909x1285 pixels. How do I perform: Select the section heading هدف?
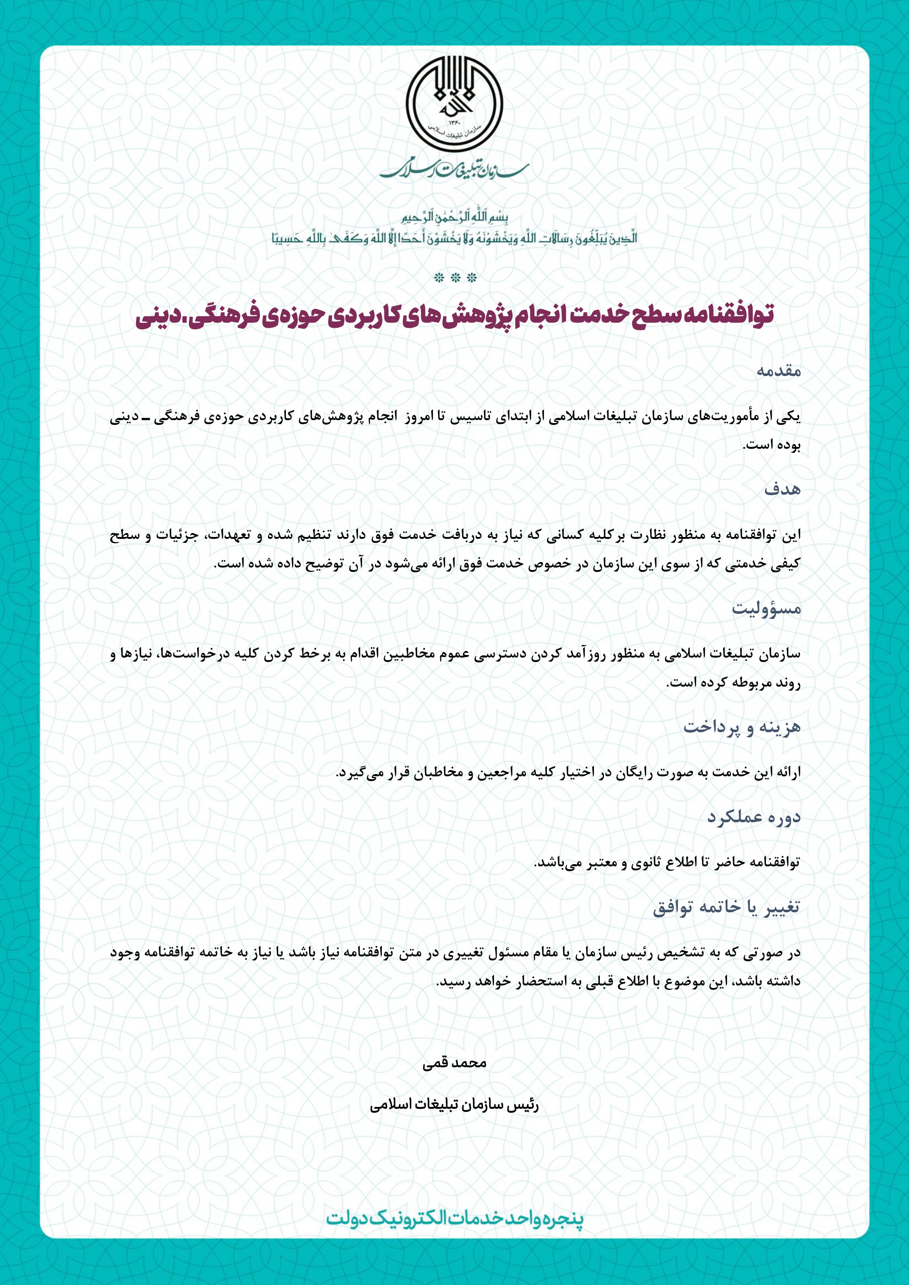(x=783, y=489)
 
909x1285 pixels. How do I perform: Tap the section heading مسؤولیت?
(x=766, y=608)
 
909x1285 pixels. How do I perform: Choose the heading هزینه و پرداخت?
(x=742, y=727)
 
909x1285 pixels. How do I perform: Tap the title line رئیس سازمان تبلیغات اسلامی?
(x=454, y=1105)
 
